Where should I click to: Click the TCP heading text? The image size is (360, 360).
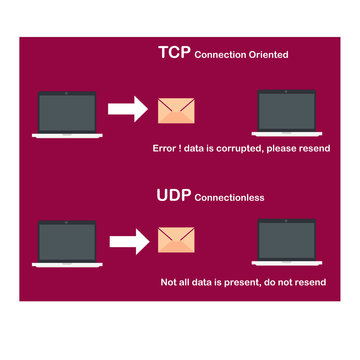(174, 52)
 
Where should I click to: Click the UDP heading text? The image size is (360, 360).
(174, 195)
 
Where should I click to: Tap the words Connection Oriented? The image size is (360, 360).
(241, 55)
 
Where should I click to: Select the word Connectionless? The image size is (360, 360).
(229, 198)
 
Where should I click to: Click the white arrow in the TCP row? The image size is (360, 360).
(127, 109)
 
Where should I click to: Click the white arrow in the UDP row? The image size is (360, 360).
(127, 241)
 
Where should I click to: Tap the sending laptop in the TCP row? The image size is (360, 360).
(65, 116)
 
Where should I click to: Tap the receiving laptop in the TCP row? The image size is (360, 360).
(288, 116)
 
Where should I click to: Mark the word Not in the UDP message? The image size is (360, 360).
(170, 283)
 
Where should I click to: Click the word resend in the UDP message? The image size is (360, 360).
(323, 283)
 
